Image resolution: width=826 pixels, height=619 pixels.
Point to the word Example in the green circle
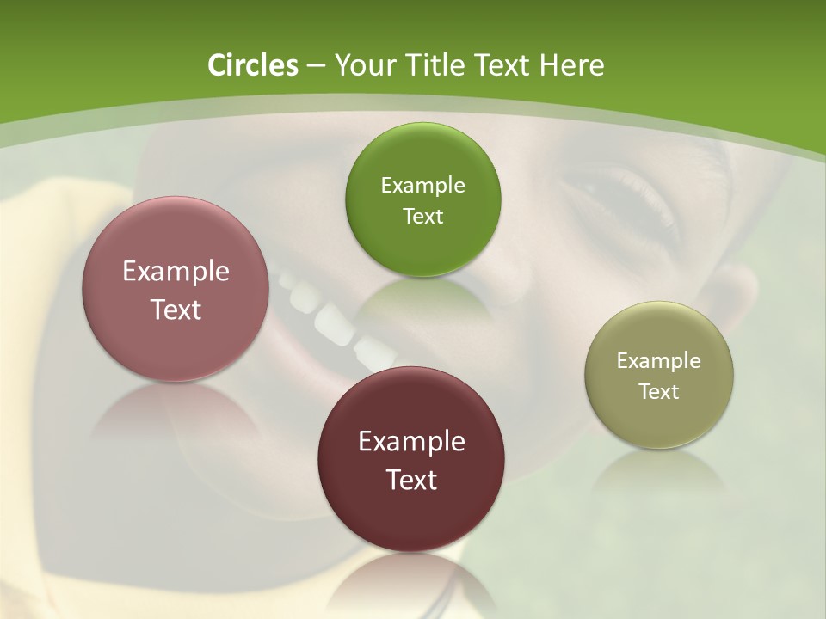(422, 186)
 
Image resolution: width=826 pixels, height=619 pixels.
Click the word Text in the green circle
(422, 216)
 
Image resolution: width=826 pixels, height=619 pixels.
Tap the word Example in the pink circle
(176, 272)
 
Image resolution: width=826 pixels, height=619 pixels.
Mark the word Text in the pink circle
(176, 309)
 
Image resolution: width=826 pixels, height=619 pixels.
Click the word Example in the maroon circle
(411, 442)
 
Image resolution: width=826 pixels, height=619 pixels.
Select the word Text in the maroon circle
(411, 480)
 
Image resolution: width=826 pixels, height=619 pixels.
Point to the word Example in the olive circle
(659, 361)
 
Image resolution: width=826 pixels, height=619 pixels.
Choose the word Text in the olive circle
(659, 392)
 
